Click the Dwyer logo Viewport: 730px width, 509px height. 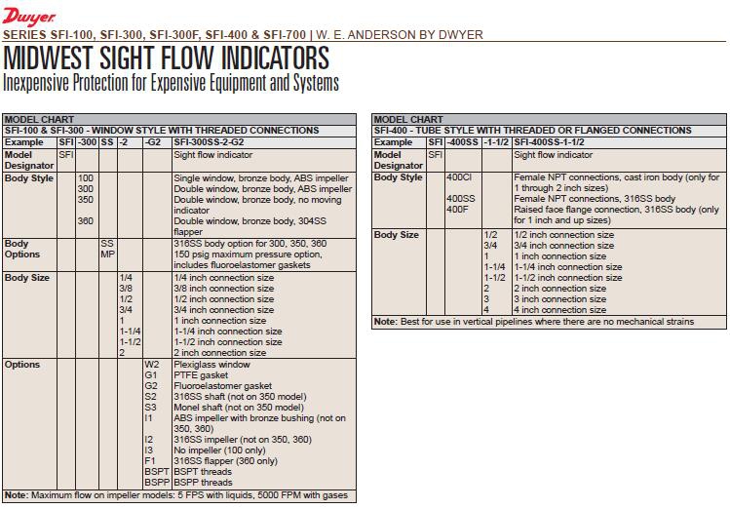tap(28, 17)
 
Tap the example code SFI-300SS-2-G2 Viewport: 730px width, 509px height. tap(209, 142)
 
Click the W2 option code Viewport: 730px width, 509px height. tap(151, 365)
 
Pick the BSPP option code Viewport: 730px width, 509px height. tap(156, 483)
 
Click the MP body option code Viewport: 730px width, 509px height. tap(107, 254)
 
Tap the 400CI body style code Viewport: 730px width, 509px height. tap(459, 178)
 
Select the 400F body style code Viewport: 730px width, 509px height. tap(457, 210)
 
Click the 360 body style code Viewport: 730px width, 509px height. tap(86, 221)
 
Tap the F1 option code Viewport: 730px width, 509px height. tap(150, 461)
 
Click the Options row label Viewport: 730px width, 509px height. tap(22, 365)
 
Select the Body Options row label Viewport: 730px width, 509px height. tap(23, 249)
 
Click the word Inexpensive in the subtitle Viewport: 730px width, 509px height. tap(39, 83)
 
